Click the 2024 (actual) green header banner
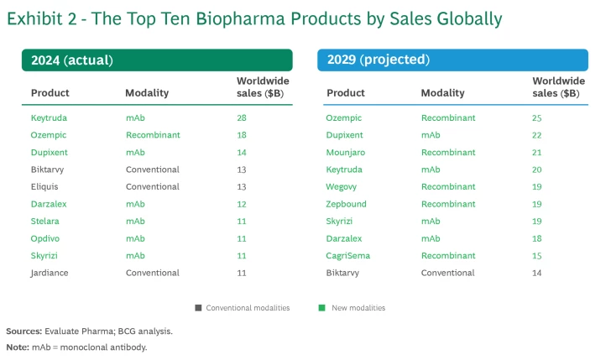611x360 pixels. point(157,60)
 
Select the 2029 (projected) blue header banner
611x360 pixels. point(452,60)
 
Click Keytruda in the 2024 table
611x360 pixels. point(49,117)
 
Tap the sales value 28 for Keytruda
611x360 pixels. point(242,117)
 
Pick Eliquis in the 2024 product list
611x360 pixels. point(45,186)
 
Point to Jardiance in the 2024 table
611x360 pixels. point(50,273)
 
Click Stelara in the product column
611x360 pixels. point(45,221)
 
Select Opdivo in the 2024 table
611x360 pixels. point(45,238)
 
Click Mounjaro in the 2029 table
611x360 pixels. point(347,152)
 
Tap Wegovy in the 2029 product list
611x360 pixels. point(342,186)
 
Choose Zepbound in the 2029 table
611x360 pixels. point(347,204)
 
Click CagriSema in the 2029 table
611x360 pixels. point(348,255)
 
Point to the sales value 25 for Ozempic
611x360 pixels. point(537,117)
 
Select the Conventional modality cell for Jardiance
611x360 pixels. point(153,273)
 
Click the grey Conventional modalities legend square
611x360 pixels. point(198,308)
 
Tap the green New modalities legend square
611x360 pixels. point(322,308)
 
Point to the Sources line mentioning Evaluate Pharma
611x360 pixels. point(90,331)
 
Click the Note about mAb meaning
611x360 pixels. point(76,347)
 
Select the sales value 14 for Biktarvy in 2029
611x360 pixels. point(537,273)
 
